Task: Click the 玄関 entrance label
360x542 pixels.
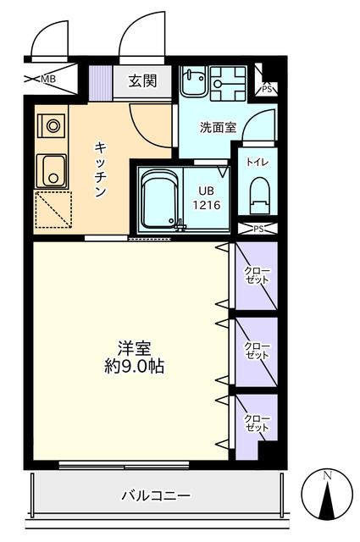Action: tap(141, 81)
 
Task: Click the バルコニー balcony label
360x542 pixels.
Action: tap(155, 495)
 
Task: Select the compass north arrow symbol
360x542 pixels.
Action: tap(327, 499)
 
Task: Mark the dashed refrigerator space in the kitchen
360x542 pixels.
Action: tap(53, 209)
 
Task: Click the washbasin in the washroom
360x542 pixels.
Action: tap(192, 82)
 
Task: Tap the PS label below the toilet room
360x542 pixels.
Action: tap(258, 229)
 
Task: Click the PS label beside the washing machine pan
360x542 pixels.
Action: tap(267, 86)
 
